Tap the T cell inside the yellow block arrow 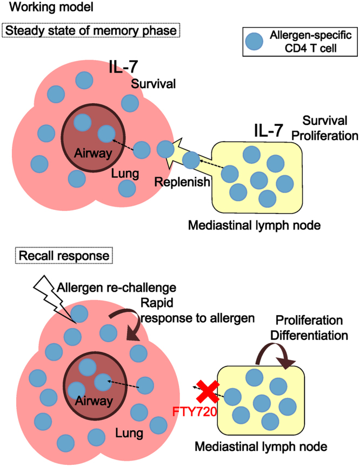tap(191, 160)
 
